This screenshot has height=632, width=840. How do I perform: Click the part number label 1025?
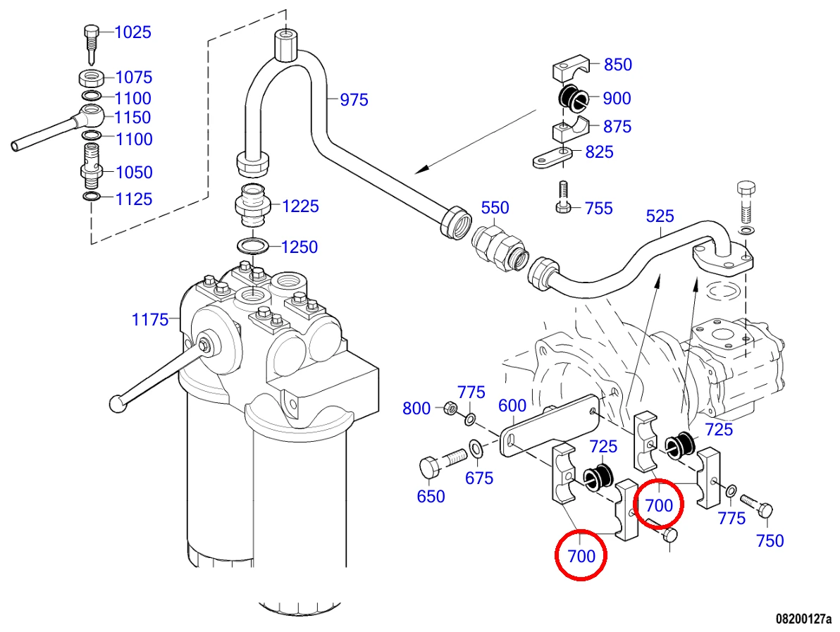tap(133, 32)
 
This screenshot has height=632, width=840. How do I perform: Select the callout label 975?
tap(354, 99)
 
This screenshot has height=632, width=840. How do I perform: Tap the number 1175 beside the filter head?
tap(150, 320)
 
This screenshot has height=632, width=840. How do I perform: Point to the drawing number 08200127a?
tap(803, 619)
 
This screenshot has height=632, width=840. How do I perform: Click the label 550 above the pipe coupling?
tap(495, 207)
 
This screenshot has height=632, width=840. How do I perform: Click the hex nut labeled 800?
tap(450, 409)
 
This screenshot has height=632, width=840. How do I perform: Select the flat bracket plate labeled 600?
tap(549, 426)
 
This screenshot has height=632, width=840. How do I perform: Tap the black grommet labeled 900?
tap(573, 98)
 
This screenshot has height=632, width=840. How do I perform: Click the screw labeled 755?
tap(562, 197)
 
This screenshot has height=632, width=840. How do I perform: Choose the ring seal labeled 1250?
tap(254, 247)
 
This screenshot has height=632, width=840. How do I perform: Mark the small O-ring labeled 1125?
tap(92, 197)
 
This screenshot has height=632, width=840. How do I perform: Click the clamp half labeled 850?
tap(571, 69)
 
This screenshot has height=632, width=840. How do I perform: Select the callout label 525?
tap(660, 216)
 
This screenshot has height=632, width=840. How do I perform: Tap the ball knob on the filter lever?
tap(117, 403)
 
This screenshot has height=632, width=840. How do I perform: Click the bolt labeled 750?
tap(756, 505)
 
